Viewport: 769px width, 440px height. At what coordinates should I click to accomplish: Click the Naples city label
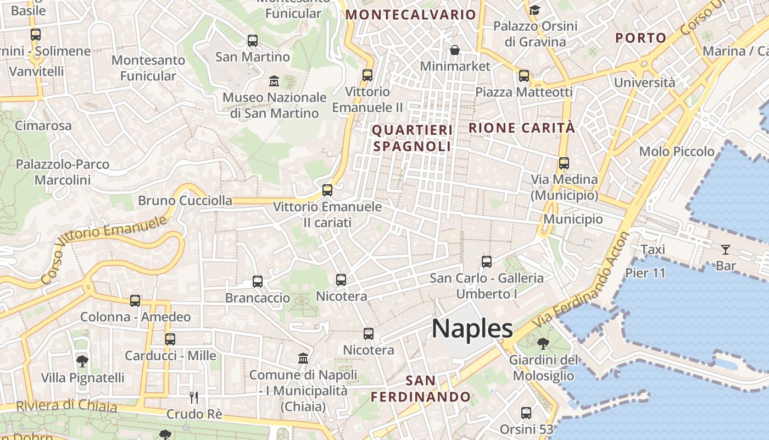pyautogui.click(x=472, y=328)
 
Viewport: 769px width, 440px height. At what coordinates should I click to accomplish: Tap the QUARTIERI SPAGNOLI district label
pyautogui.click(x=412, y=138)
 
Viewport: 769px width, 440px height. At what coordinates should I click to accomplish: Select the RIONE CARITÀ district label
pyautogui.click(x=522, y=128)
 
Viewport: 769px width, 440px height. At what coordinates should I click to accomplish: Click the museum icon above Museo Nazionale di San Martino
pyautogui.click(x=274, y=81)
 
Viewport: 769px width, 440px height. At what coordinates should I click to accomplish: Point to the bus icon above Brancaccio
pyautogui.click(x=258, y=282)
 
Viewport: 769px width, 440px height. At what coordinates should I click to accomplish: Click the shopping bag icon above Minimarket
pyautogui.click(x=455, y=51)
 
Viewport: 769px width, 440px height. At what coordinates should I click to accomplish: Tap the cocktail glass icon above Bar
pyautogui.click(x=726, y=250)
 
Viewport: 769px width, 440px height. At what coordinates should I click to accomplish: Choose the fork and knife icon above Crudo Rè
pyautogui.click(x=193, y=397)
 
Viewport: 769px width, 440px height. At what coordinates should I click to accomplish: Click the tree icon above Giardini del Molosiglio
pyautogui.click(x=543, y=344)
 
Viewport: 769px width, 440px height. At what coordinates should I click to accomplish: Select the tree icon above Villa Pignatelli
pyautogui.click(x=82, y=361)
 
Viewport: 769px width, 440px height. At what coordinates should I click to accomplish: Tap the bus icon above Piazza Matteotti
pyautogui.click(x=524, y=76)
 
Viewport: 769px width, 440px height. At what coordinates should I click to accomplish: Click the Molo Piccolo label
pyautogui.click(x=677, y=151)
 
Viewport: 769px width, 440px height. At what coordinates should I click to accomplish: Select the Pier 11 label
pyautogui.click(x=645, y=273)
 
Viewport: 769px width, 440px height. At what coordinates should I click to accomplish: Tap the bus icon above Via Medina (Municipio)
pyautogui.click(x=564, y=163)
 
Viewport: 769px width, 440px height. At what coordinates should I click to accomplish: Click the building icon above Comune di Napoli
pyautogui.click(x=303, y=359)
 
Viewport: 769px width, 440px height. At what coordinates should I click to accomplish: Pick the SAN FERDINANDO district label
pyautogui.click(x=421, y=388)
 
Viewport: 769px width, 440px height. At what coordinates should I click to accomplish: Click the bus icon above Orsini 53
pyautogui.click(x=526, y=413)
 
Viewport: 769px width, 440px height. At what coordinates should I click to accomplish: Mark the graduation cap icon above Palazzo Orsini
pyautogui.click(x=534, y=10)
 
